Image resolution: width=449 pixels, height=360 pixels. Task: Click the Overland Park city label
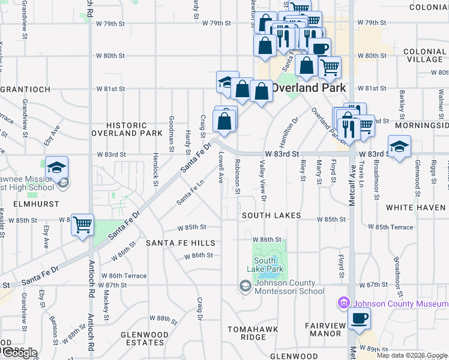pos(309,88)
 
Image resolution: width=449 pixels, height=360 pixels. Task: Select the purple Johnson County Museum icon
pos(344,303)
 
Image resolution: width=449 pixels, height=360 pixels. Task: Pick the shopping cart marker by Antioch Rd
pos(83,225)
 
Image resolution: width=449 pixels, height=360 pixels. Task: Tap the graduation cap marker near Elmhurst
pos(56,167)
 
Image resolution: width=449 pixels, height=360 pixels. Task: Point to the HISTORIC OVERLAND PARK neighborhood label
pos(127,129)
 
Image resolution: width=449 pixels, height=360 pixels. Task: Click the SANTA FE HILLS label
pos(180,243)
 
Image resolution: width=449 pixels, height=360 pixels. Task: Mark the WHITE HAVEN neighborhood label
pos(416,208)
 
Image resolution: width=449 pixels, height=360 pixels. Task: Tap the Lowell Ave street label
pos(221,167)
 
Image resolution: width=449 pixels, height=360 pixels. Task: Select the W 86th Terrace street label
pos(127,275)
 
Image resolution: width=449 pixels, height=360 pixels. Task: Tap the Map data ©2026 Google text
pos(411,355)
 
